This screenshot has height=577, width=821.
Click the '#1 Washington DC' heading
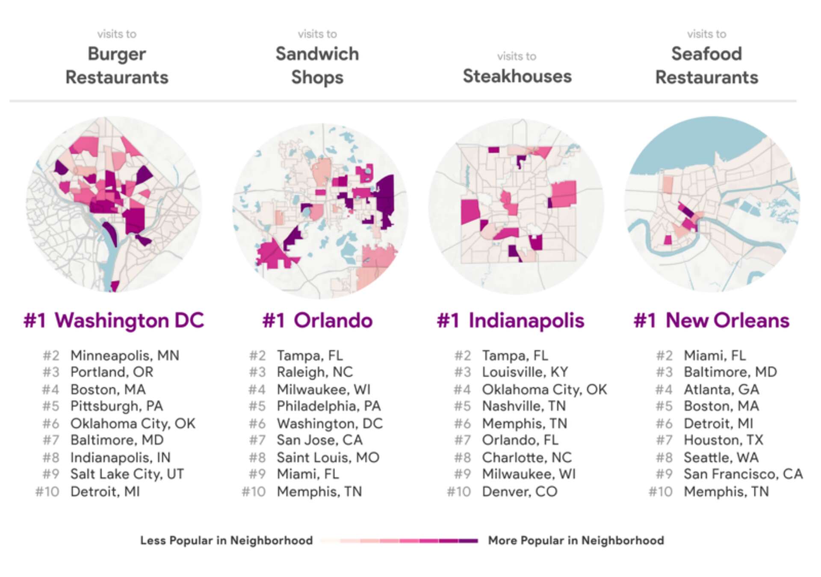pos(114,321)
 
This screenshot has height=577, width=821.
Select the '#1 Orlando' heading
pos(317,321)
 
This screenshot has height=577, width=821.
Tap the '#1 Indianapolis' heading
pos(510,321)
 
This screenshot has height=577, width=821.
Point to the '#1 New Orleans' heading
pos(711,321)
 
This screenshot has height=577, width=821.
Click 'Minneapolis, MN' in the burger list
pos(124,355)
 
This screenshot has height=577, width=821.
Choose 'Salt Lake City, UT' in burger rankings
pos(127,474)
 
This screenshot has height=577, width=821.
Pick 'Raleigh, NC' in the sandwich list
pos(315,372)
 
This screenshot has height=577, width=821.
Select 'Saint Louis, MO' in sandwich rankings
pos(328,457)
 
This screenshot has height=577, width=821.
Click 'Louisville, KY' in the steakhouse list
pos(525,372)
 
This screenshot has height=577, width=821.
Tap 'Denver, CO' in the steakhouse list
pos(520,491)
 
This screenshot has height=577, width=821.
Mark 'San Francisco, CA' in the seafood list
pos(743,474)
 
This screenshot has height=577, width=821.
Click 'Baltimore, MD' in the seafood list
pos(730,372)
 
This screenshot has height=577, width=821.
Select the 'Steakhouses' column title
pos(517,76)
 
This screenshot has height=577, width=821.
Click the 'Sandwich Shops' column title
pos(317,65)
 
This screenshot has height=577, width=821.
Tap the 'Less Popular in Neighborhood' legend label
pos(226,541)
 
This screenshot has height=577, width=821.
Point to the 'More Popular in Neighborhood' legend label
pos(576,541)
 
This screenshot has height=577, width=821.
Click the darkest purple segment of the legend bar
pos(468,541)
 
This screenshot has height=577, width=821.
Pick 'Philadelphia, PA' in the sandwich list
pos(328,406)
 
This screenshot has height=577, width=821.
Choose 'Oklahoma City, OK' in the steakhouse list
pos(544,390)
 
